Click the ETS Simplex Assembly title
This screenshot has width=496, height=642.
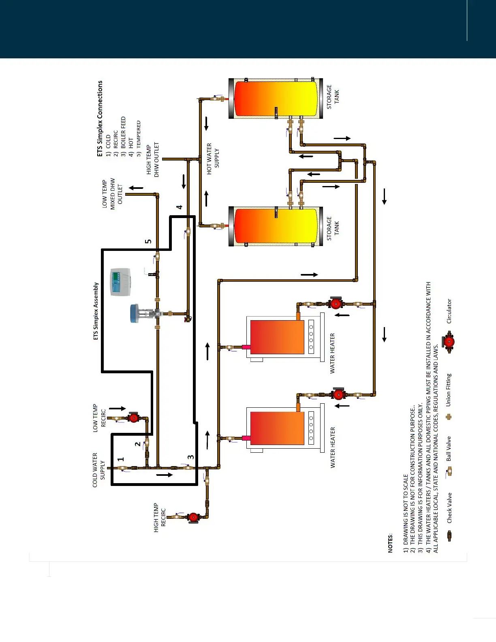click(96, 311)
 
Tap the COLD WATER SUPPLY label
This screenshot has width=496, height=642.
click(98, 470)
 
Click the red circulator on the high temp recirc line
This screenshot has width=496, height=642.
click(194, 517)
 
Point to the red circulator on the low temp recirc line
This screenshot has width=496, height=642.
click(133, 417)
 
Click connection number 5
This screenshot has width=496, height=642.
click(148, 241)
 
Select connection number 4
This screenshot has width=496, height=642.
click(179, 207)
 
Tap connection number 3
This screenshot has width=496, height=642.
click(190, 457)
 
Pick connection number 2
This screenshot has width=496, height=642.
click(138, 444)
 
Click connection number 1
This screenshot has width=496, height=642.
click(120, 459)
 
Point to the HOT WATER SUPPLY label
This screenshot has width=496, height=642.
click(213, 158)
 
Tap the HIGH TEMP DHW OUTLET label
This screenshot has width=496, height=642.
click(153, 160)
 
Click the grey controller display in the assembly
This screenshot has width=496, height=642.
click(121, 282)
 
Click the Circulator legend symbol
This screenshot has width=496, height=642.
click(449, 342)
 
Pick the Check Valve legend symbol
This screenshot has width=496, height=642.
click(449, 536)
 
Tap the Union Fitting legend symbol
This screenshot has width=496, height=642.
click(449, 417)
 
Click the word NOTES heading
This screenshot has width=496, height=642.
click(391, 543)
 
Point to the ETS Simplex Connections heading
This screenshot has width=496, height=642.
click(100, 118)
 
